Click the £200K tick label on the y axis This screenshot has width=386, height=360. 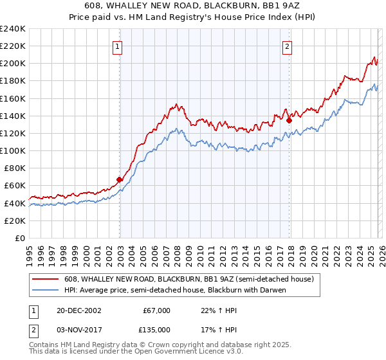pyautogui.click(x=12, y=64)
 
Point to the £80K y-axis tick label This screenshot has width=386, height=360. pyautogui.click(x=14, y=168)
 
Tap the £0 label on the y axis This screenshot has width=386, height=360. pyautogui.click(x=20, y=238)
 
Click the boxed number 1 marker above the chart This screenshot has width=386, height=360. pyautogui.click(x=119, y=46)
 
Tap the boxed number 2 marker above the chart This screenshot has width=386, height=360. pyautogui.click(x=287, y=46)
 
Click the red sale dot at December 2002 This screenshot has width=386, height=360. pyautogui.click(x=119, y=180)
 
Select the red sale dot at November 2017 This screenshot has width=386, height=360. pyautogui.click(x=289, y=120)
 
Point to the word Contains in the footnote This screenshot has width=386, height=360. pyautogui.click(x=44, y=345)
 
